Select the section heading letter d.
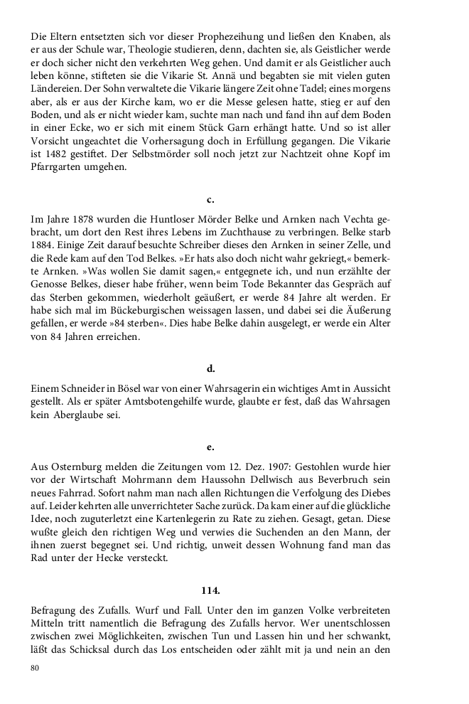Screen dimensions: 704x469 coord(211,368)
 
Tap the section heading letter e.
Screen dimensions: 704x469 coord(211,447)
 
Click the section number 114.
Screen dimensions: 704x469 coord(211,590)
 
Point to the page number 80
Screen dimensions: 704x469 coord(36,668)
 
